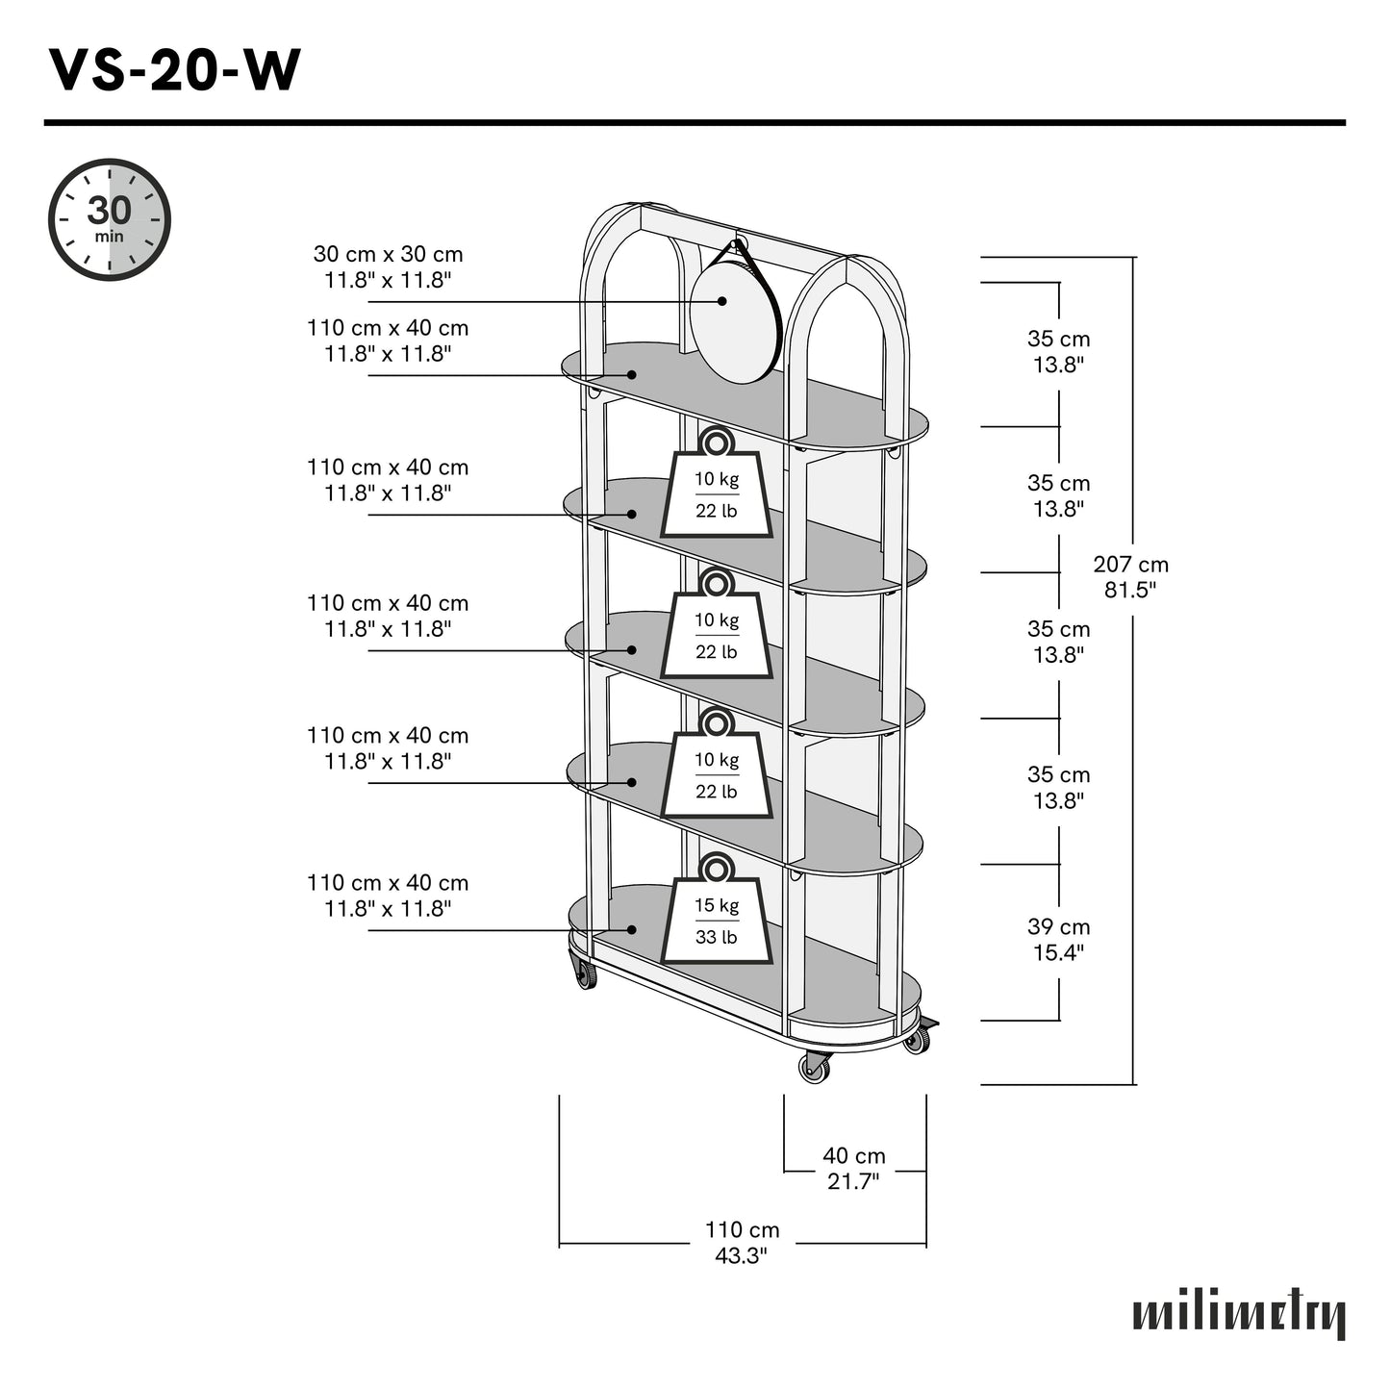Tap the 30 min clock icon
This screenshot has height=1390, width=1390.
(x=110, y=219)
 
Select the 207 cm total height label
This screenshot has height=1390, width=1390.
(x=1130, y=565)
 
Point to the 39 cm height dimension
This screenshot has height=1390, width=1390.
(x=1058, y=927)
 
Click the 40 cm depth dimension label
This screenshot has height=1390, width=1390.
(x=853, y=1156)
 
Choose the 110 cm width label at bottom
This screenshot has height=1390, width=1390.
(x=742, y=1230)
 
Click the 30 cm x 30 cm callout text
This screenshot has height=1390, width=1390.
(x=388, y=255)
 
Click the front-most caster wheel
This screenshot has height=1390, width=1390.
(x=814, y=1068)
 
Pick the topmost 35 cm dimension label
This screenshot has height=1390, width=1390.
(x=1058, y=340)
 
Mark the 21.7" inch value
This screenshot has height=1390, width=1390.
(x=853, y=1181)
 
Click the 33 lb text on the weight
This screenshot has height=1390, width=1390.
(x=717, y=937)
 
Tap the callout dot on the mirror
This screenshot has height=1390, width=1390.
(x=721, y=301)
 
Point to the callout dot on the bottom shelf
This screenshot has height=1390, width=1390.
(x=632, y=929)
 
